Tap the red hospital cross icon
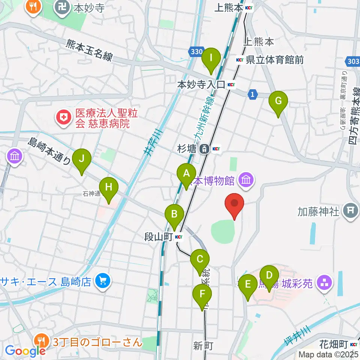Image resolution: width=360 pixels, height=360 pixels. coord(64,118)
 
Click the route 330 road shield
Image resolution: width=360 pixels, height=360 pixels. coord(196,52)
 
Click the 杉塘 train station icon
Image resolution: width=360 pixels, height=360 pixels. coord(204,149)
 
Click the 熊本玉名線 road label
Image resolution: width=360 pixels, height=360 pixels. coord(89,50)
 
